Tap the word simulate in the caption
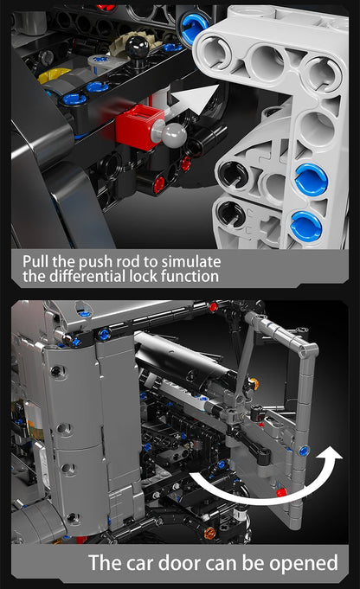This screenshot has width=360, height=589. click(x=189, y=260)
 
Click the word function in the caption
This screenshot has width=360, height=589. click(x=186, y=277)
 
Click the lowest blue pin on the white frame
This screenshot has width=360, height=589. click(x=305, y=227)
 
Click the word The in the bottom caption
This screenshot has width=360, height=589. click(x=106, y=563)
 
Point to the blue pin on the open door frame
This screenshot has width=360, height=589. click(x=303, y=450)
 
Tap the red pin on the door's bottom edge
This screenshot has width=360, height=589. click(x=280, y=492)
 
